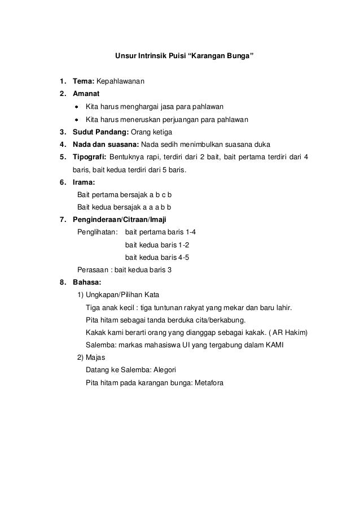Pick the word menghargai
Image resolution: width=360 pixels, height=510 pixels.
click(x=139, y=107)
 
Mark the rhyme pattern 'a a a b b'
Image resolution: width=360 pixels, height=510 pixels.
click(x=152, y=207)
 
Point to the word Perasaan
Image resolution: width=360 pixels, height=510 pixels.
click(x=91, y=270)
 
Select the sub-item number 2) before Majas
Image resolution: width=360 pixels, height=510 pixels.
click(x=80, y=358)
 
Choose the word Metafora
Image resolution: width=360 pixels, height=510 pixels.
click(x=209, y=383)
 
